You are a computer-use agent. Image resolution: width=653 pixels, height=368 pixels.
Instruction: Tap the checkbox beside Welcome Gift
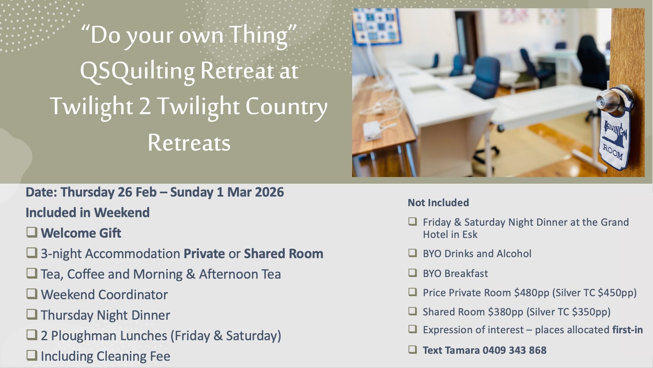(32, 232)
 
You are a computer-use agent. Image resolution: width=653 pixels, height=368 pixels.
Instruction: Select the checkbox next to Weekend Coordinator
(32, 294)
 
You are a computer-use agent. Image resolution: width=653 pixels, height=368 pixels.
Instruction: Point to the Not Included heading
(438, 203)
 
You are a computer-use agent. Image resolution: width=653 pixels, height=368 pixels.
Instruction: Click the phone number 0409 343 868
(514, 350)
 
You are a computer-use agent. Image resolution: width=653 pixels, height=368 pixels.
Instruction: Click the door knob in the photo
(609, 99)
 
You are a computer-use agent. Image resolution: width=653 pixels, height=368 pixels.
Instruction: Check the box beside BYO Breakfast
(412, 273)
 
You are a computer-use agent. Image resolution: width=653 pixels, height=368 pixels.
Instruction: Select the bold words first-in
(628, 330)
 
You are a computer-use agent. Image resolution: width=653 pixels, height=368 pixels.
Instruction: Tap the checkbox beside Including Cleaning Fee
(32, 355)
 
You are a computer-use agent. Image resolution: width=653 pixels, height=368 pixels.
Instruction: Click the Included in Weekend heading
(88, 212)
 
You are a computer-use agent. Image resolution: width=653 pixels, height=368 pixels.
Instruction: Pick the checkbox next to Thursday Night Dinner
(32, 314)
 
